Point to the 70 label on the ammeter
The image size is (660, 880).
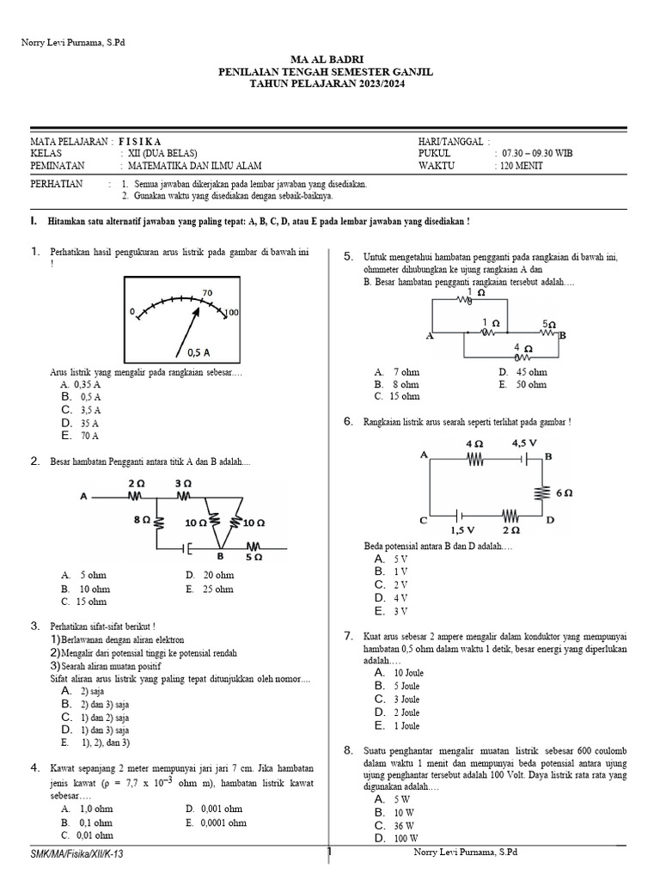coord(207,293)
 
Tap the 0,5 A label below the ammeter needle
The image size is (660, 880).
coord(199,352)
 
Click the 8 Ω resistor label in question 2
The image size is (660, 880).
coord(143,520)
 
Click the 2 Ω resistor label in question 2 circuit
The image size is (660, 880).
coord(135,485)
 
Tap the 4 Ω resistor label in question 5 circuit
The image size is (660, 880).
coord(522,347)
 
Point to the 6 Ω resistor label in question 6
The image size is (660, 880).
coord(565,493)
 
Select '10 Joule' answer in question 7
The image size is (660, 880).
coord(408,673)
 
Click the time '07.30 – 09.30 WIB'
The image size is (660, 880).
coord(537,153)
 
